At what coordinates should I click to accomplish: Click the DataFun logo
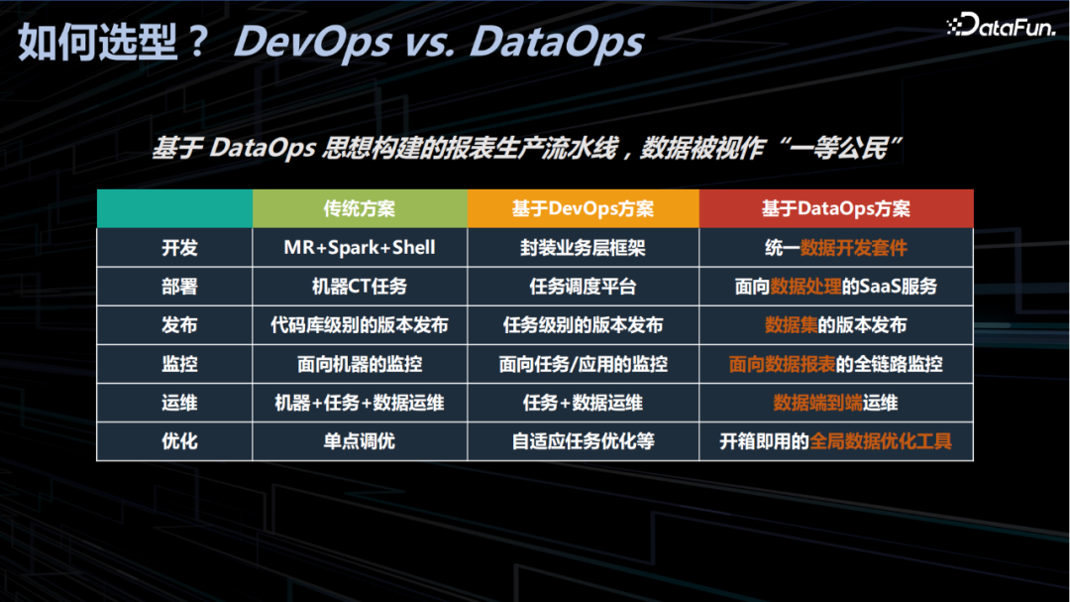pos(1001,25)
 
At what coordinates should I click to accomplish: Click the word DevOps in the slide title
pos(312,43)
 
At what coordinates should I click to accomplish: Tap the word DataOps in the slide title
pos(557,43)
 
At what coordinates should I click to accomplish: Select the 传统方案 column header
pos(360,208)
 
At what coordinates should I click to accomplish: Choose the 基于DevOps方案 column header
pos(583,208)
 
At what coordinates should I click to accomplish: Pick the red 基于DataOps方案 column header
pos(836,208)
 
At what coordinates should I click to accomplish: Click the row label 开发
pos(179,247)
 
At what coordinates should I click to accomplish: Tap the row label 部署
pos(179,287)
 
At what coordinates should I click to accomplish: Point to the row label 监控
pos(179,364)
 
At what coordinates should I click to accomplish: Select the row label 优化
pos(179,441)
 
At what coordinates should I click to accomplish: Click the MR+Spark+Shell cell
pos(360,247)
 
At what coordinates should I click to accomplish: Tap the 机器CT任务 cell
pos(360,287)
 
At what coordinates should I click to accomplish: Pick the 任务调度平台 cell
pos(583,287)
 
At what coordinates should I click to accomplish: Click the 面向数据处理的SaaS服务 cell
pos(836,287)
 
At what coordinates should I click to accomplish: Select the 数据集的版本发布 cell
pos(836,325)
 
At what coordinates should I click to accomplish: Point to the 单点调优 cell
pos(360,441)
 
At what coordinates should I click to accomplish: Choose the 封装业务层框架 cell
pos(583,247)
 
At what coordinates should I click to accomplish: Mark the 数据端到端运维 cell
pos(836,403)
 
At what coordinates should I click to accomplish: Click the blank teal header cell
pos(174,208)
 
